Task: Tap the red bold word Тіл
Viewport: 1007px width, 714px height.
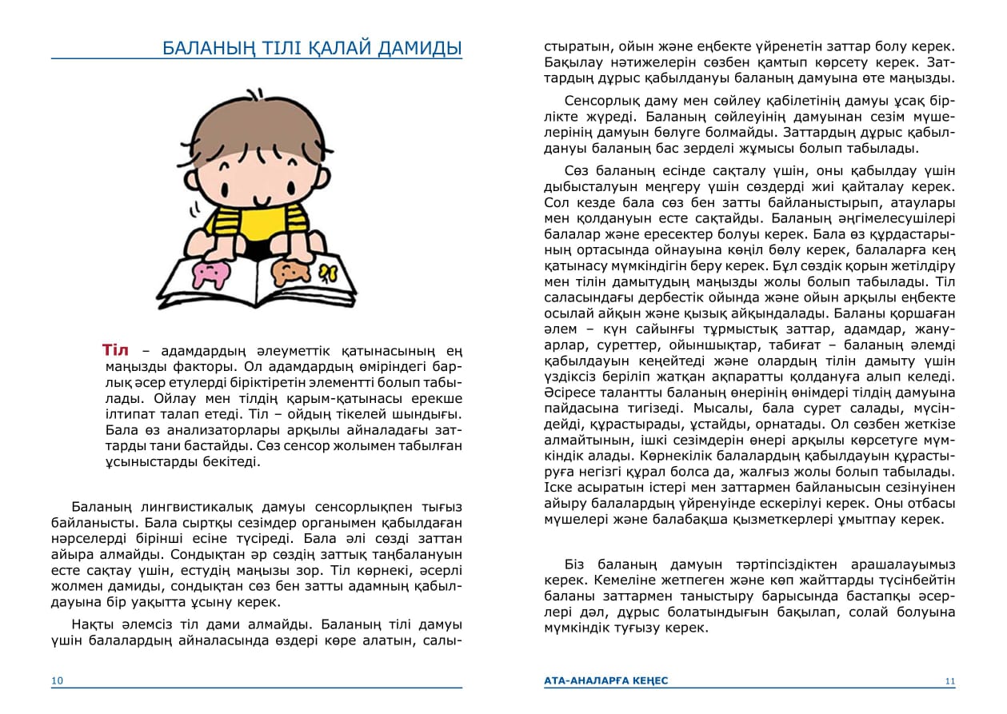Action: pos(115,350)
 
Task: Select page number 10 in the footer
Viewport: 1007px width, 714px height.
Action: pos(57,681)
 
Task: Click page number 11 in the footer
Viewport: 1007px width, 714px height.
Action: pos(949,681)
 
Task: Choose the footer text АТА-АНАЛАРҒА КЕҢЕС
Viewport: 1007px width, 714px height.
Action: pos(605,680)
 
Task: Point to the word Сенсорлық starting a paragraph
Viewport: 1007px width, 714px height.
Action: pos(601,102)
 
